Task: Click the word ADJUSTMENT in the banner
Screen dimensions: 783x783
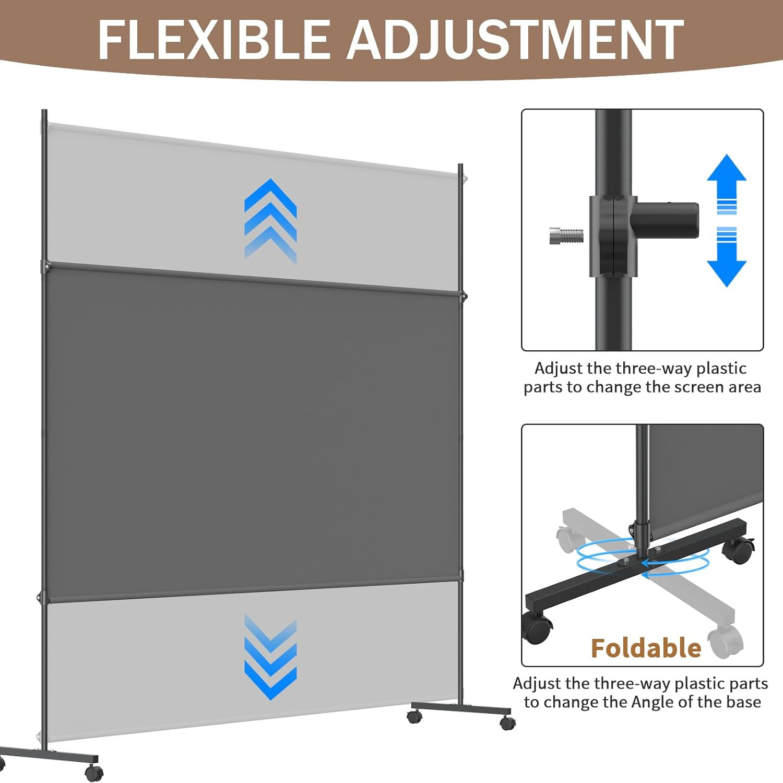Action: pos(515,40)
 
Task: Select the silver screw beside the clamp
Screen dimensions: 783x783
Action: pos(566,236)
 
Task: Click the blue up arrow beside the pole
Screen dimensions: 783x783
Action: pos(726,183)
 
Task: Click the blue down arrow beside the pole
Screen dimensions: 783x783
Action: pos(726,258)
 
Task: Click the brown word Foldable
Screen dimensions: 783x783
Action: pos(646,648)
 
